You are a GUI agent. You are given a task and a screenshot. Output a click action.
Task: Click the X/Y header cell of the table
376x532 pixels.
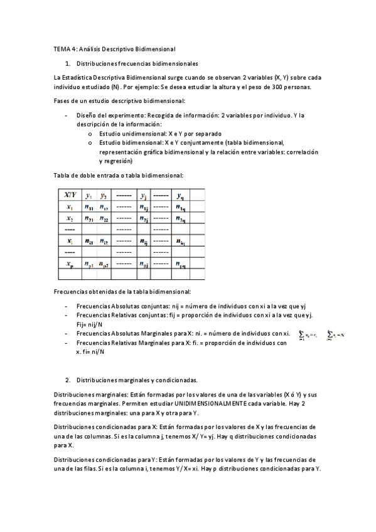70,195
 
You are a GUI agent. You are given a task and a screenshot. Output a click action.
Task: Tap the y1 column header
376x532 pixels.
90,195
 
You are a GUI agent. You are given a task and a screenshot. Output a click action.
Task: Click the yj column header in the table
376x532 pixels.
144,195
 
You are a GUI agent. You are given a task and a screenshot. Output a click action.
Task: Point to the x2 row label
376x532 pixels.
70,218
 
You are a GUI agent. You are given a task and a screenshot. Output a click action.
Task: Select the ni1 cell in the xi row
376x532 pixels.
90,242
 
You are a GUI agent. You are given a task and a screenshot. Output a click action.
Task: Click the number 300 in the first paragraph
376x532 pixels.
280,87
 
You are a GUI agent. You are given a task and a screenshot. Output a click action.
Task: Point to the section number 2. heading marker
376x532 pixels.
68,380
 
